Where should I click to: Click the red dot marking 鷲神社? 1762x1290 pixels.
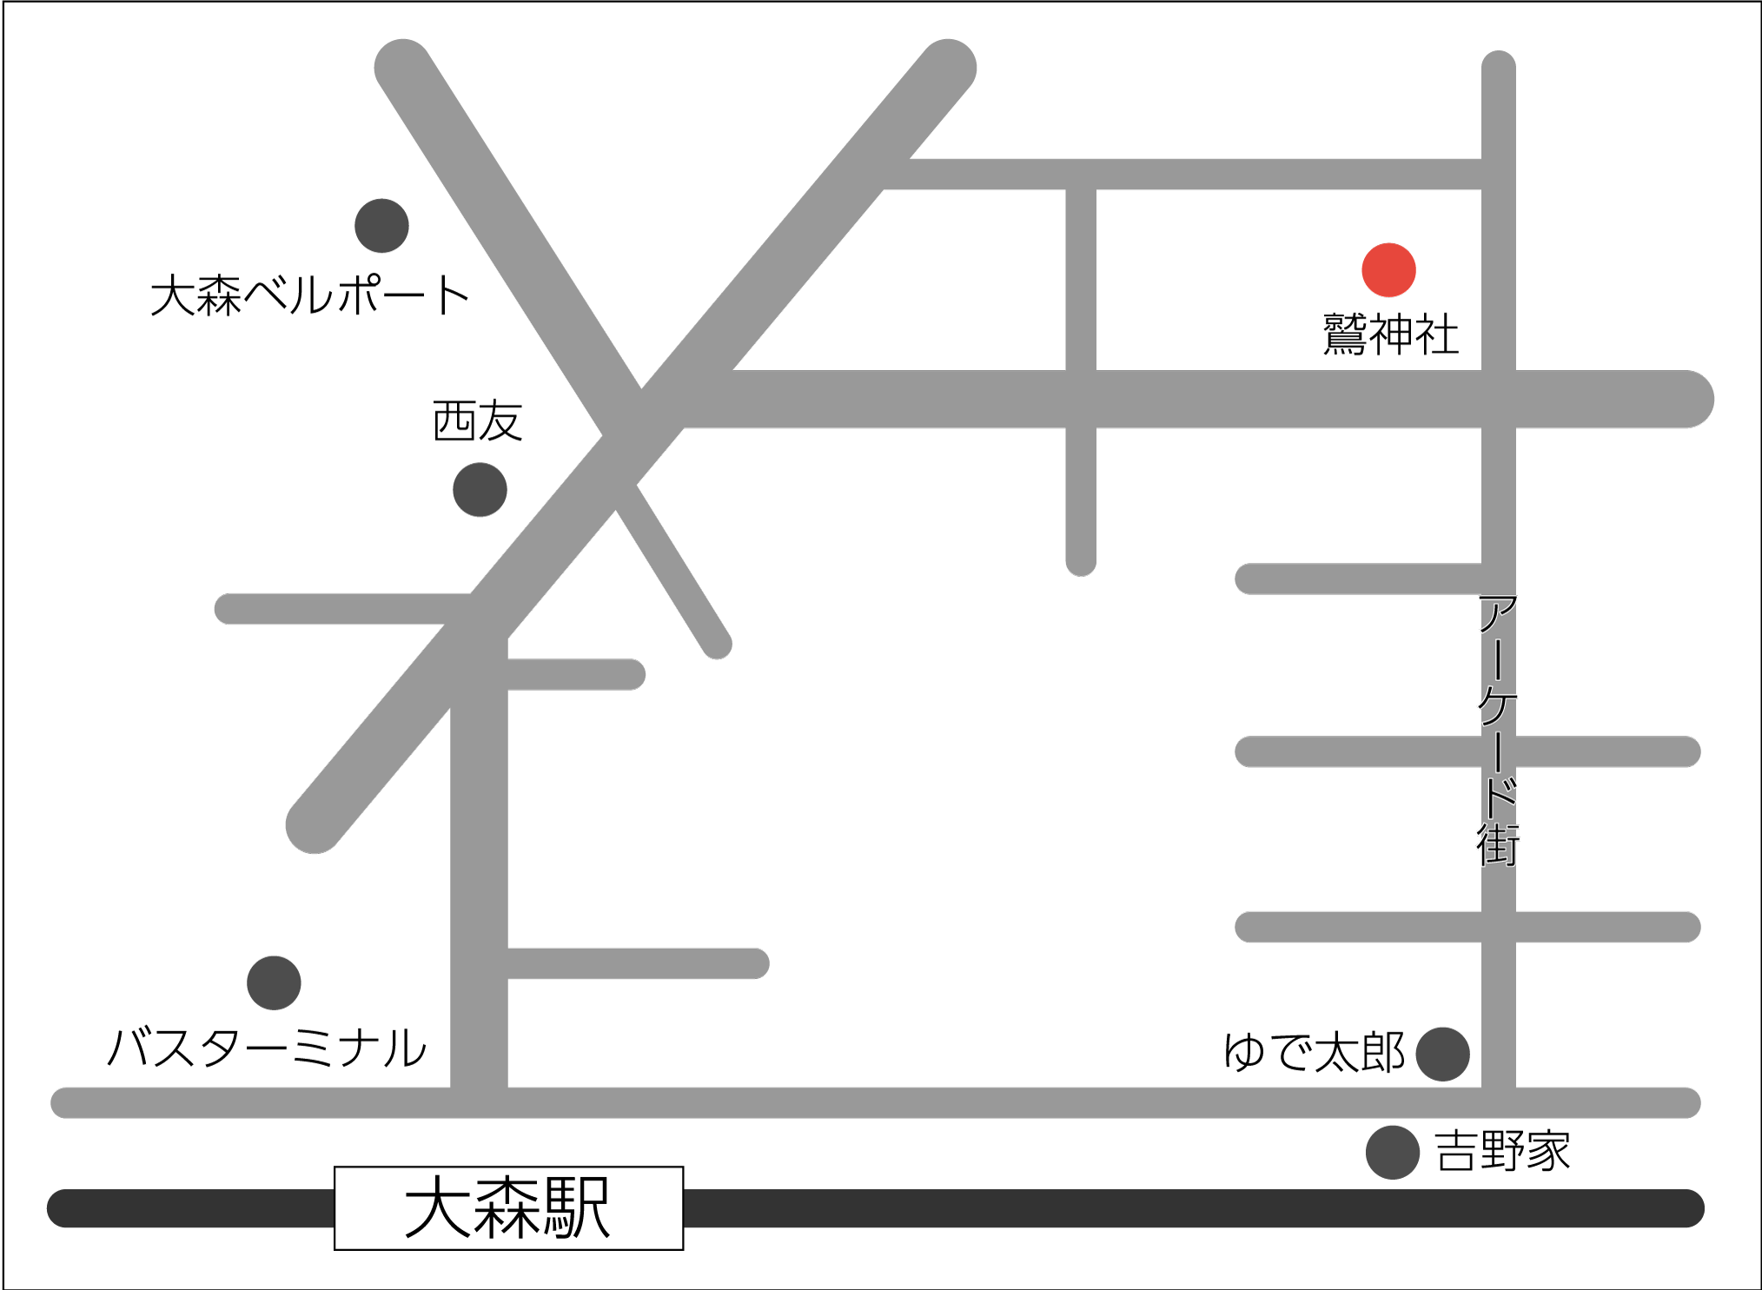[x=1388, y=270]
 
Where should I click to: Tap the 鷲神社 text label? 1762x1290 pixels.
[x=1390, y=334]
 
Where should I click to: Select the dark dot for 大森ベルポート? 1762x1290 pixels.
[x=381, y=226]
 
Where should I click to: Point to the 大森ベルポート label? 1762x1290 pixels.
[x=310, y=295]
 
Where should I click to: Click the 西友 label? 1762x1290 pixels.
[x=477, y=421]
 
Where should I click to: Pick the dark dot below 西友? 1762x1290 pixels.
[x=480, y=490]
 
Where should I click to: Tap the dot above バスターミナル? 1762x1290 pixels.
[x=274, y=983]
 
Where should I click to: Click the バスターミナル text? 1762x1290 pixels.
[x=267, y=1048]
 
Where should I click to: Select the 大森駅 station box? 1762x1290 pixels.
[x=508, y=1208]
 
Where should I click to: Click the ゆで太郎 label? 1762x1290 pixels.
[x=1314, y=1053]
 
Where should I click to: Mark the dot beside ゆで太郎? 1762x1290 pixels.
[x=1442, y=1055]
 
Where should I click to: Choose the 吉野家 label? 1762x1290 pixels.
[x=1502, y=1152]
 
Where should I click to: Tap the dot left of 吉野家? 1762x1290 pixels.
[x=1392, y=1153]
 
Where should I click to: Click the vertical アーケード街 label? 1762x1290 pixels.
[x=1498, y=730]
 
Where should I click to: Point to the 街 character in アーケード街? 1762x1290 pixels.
[x=1498, y=845]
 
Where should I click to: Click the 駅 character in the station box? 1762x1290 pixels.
[x=577, y=1208]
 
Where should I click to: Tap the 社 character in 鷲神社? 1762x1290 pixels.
[x=1436, y=334]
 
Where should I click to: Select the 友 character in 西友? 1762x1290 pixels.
[x=500, y=421]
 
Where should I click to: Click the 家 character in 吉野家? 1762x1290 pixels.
[x=1548, y=1152]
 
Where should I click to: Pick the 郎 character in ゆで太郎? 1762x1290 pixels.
[x=1383, y=1053]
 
